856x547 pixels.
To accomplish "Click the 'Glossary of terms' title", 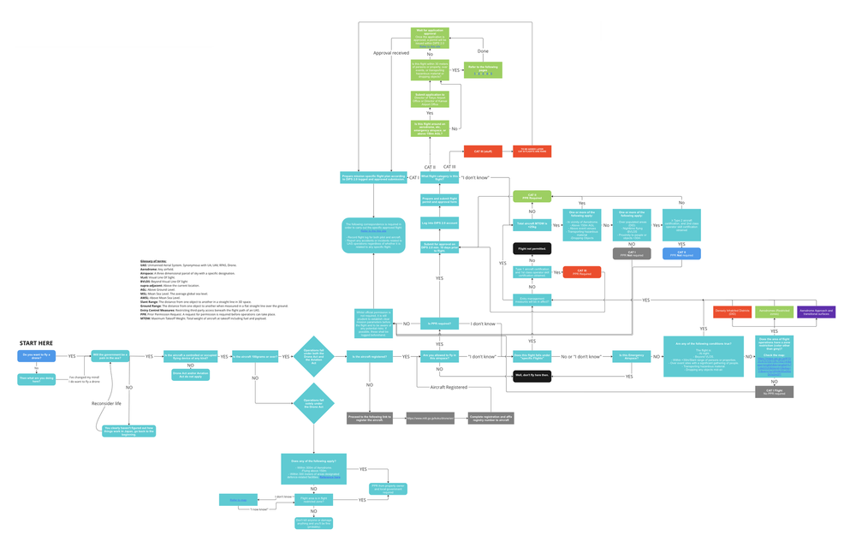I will (x=155, y=260).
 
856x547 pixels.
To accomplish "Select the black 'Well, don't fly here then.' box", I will (x=531, y=376).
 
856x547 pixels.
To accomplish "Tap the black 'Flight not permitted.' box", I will (x=531, y=248).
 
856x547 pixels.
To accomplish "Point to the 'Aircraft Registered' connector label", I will (x=450, y=388).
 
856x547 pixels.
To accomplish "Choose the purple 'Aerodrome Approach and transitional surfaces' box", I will (x=816, y=313).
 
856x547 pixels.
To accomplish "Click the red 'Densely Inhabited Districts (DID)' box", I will (x=732, y=313).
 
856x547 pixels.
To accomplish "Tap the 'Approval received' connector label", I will (x=391, y=53).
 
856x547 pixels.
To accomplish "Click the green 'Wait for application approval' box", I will (x=430, y=34).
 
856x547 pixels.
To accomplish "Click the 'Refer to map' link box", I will (x=237, y=499).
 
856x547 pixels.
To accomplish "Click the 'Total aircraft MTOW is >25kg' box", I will (x=531, y=224).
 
